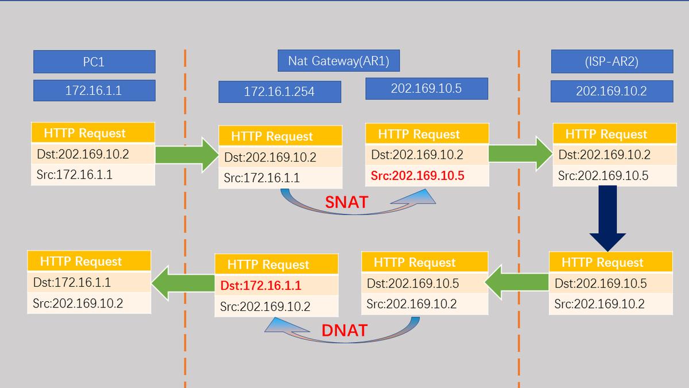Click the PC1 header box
tap(94, 62)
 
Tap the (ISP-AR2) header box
tap(611, 62)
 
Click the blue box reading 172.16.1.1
tap(94, 90)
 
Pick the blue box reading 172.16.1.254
tap(279, 91)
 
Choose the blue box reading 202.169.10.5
tap(426, 89)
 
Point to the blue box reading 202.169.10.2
tap(611, 91)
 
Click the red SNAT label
tap(346, 202)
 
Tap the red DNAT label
tap(344, 330)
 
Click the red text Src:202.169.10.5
tap(417, 176)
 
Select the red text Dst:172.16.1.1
tap(261, 286)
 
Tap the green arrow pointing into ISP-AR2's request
tap(520, 153)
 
